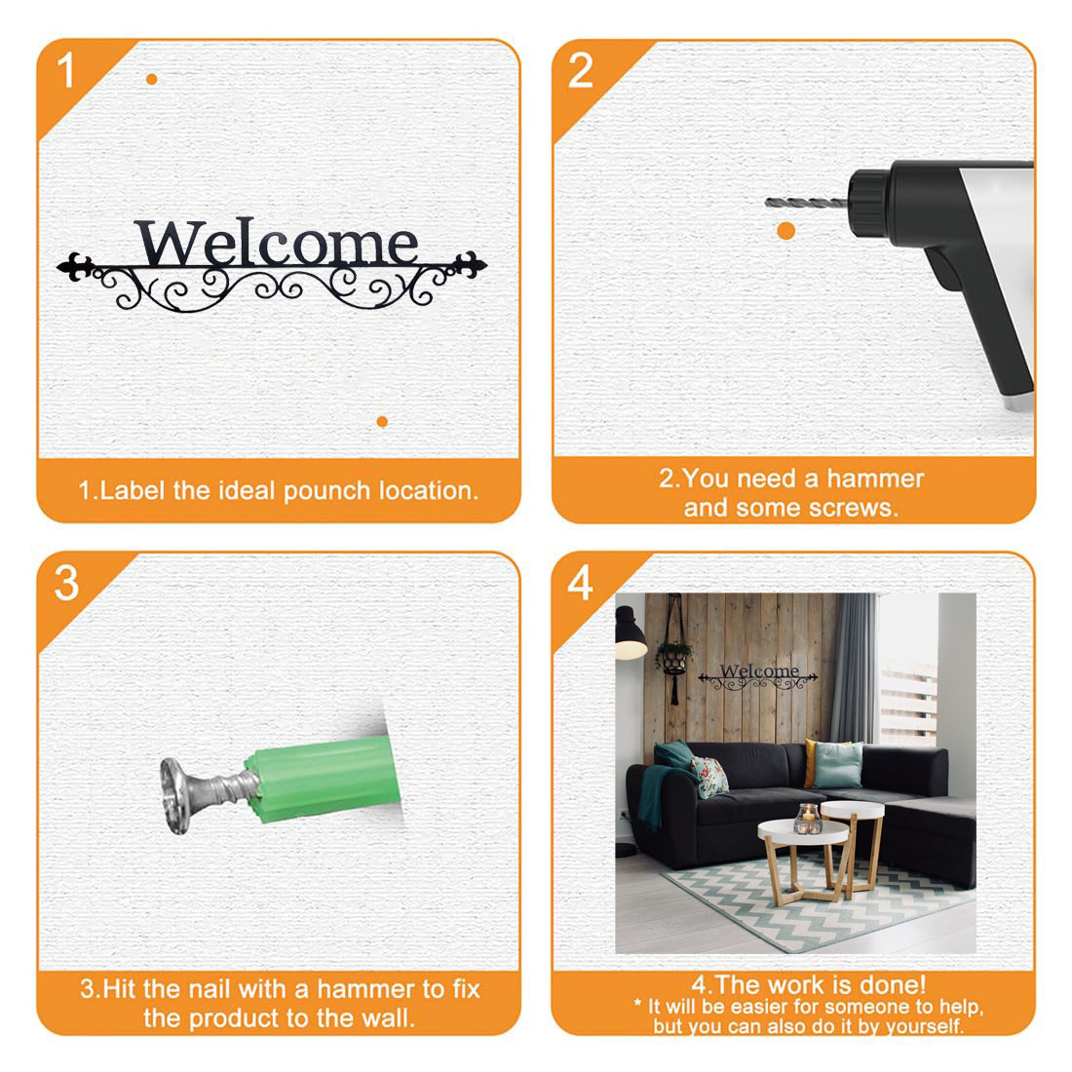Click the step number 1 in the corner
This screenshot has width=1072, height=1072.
tap(65, 70)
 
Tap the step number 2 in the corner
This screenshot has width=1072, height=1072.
tap(581, 70)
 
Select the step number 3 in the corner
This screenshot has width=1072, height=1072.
tap(66, 584)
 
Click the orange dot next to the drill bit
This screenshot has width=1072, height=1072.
tap(786, 231)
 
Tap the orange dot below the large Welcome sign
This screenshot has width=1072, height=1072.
tap(382, 422)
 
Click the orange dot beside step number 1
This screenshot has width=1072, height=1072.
tap(152, 79)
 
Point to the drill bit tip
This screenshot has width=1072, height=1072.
tap(766, 202)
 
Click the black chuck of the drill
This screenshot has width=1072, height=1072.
tap(868, 204)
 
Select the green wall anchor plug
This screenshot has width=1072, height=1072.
tap(323, 780)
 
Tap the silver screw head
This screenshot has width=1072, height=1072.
tap(175, 796)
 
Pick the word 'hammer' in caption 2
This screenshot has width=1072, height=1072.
tap(875, 479)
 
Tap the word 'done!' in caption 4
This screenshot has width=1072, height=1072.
tap(892, 985)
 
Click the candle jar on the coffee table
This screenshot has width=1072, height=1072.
tap(808, 819)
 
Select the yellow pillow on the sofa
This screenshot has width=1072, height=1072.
tap(811, 762)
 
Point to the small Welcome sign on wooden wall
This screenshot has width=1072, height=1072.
tap(758, 675)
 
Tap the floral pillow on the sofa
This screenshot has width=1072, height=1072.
tap(709, 777)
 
